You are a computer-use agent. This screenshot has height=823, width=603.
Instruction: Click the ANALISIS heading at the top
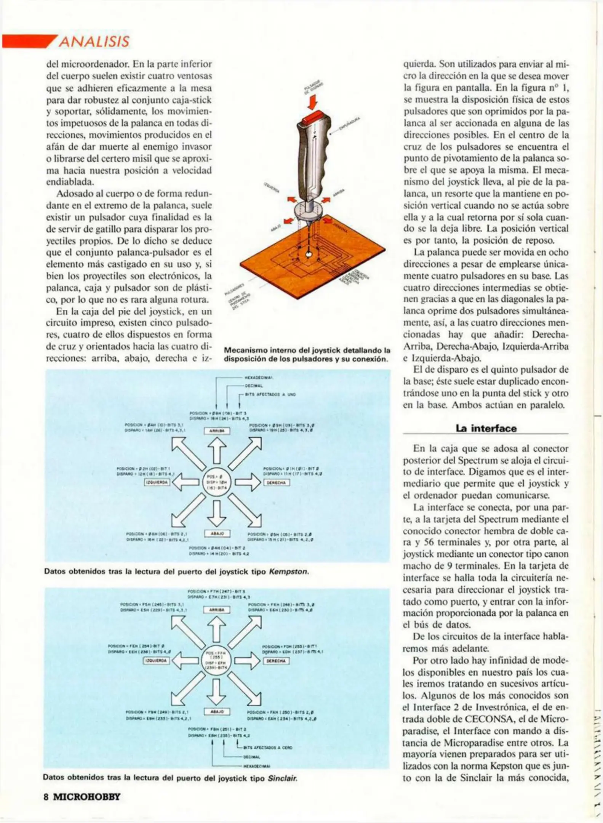click(x=94, y=42)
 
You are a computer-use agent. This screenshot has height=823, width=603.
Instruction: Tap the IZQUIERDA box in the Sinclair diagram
click(x=156, y=660)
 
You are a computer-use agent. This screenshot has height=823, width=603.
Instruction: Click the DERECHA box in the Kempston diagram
click(x=277, y=482)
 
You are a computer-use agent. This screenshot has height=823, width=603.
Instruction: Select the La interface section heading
click(x=486, y=428)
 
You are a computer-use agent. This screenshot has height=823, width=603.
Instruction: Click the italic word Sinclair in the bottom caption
click(x=282, y=778)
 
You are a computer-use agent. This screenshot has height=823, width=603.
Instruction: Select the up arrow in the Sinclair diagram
click(x=216, y=629)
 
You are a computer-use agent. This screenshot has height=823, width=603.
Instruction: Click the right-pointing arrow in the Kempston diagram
click(x=248, y=482)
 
